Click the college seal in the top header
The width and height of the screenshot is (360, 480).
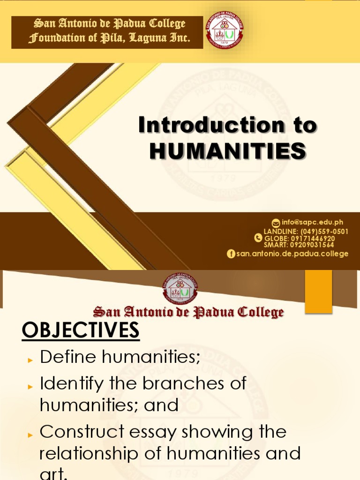[225, 31]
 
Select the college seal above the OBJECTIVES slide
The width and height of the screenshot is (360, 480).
[180, 288]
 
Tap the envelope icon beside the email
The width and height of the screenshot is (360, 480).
[276, 223]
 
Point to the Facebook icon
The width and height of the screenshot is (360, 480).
[231, 254]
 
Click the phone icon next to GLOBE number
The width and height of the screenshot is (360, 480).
[258, 238]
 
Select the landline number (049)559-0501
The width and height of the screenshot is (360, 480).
[325, 232]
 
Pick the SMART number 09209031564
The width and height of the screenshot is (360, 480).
[312, 244]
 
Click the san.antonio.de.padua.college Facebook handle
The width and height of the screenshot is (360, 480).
[292, 254]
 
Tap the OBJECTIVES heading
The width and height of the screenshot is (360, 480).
[81, 330]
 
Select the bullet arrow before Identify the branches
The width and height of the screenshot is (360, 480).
[30, 386]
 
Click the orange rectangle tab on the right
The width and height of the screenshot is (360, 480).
[318, 291]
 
